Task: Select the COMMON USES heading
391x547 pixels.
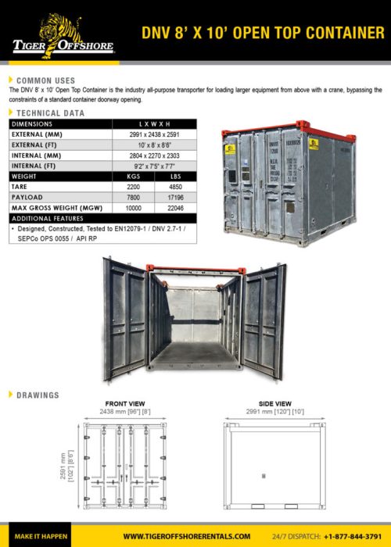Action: (45, 80)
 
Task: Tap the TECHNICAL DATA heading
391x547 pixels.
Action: (50, 113)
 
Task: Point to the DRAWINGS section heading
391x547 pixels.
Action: (38, 395)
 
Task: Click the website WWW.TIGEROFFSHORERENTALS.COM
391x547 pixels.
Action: (188, 536)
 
